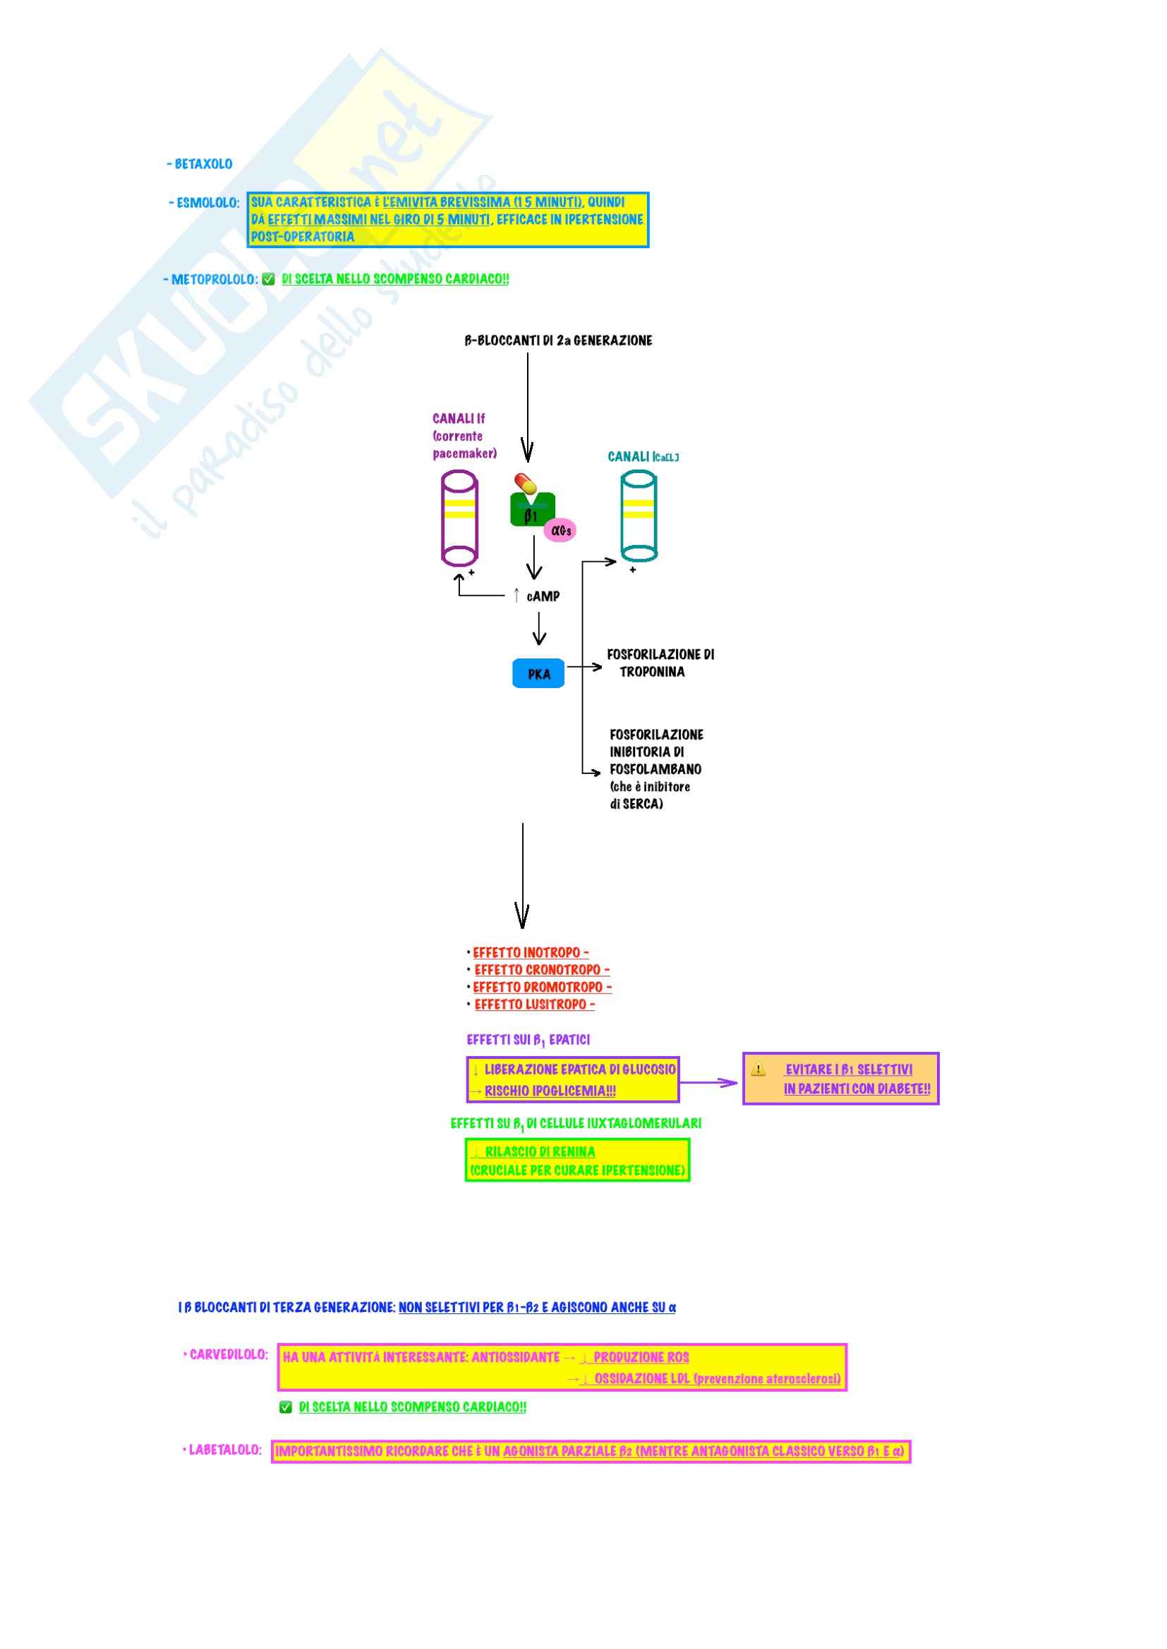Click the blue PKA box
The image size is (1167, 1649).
pos(538,674)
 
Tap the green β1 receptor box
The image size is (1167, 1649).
pos(532,510)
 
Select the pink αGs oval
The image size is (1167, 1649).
pos(560,531)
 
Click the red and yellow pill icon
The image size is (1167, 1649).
pos(526,484)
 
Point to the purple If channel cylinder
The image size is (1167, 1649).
pos(459,518)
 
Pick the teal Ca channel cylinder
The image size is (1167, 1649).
pos(638,515)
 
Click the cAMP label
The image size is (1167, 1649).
pos(543,596)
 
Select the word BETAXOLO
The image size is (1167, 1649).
pos(203,164)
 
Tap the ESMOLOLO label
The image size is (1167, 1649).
pos(207,203)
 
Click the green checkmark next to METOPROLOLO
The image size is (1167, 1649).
pos(269,279)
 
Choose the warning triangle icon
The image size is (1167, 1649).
pos(758,1069)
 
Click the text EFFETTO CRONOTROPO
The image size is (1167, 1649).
pos(538,970)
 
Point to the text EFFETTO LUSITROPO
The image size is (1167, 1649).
pos(531,1005)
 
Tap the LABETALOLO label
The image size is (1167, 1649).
pos(225,1450)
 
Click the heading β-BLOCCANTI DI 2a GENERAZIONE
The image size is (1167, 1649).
pos(558,341)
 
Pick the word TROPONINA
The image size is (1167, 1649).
pos(652,673)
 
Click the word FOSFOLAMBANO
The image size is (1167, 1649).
pos(655,769)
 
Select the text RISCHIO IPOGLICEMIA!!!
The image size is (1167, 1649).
pos(550,1091)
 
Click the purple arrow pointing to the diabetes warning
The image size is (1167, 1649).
pos(709,1082)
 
